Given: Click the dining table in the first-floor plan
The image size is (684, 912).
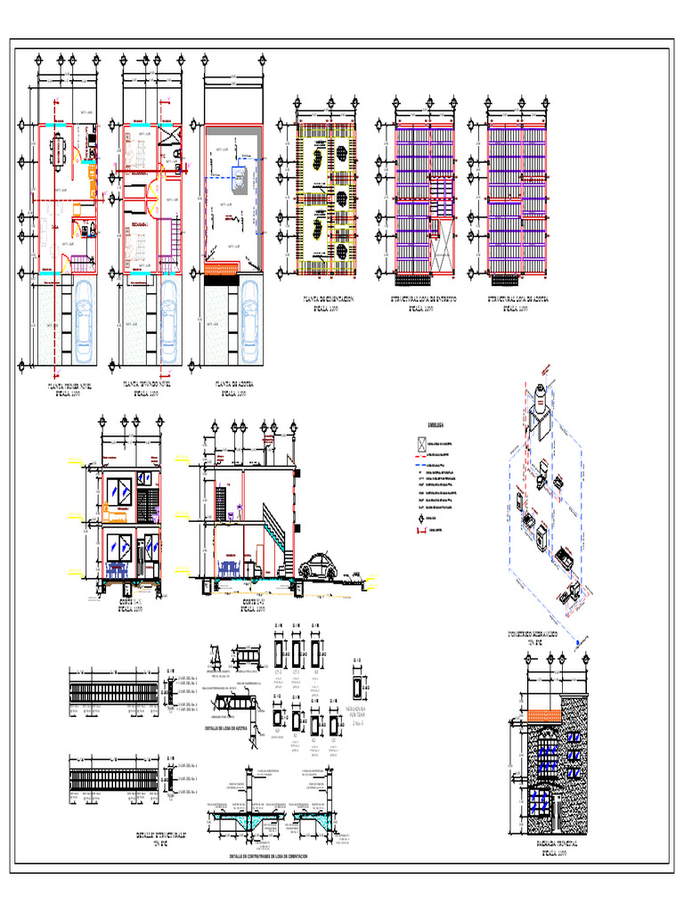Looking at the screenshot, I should point(60,151).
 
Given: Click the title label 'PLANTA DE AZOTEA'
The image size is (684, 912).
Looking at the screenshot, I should point(234,387).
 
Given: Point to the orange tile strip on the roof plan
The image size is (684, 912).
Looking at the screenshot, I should point(223,267).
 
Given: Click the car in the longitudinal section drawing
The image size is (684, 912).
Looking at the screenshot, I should point(316,566).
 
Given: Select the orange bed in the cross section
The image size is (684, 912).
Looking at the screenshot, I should point(117,509).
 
